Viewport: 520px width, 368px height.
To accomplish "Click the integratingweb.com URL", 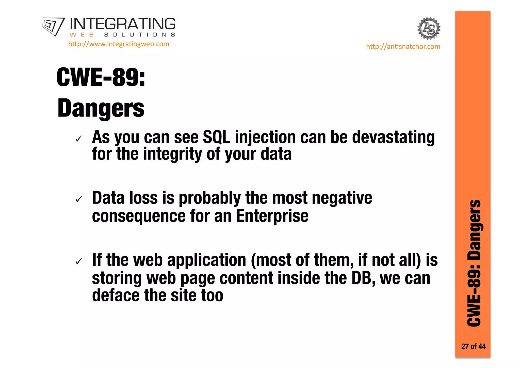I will tap(119, 44).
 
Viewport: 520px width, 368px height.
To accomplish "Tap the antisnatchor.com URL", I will tap(403, 47).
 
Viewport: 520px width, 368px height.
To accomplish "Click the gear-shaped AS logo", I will tap(429, 28).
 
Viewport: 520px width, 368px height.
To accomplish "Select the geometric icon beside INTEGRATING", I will tap(54, 26).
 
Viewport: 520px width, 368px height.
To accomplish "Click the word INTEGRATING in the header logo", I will tap(122, 24).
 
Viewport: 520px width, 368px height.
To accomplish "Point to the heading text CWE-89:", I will tap(101, 77).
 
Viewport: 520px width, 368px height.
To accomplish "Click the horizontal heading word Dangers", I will tap(101, 108).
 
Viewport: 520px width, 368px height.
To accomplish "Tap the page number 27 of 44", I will tap(473, 346).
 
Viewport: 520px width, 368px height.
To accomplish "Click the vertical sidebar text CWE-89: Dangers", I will tap(474, 263).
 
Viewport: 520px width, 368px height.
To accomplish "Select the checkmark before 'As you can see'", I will tap(79, 139).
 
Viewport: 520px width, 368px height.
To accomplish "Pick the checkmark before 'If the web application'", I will tap(79, 261).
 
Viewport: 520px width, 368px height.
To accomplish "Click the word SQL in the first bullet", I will tap(217, 137).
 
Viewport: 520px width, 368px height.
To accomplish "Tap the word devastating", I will tap(393, 137).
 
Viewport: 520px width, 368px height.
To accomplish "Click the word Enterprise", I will tap(272, 216).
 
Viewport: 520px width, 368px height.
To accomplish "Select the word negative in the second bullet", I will tap(342, 198).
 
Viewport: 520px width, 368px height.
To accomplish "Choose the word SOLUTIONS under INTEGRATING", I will tap(140, 35).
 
